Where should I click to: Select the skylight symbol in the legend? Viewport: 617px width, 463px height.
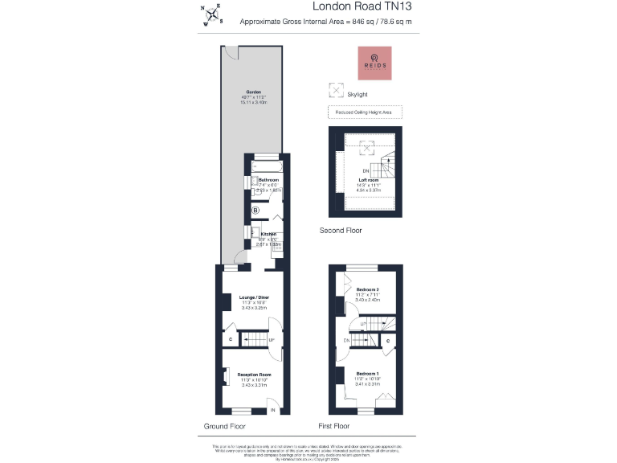coord(335,91)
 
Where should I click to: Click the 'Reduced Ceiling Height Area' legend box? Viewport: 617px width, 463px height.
coord(365,113)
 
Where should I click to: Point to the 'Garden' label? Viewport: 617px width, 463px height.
coord(254,92)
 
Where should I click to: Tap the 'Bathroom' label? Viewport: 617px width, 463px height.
coord(268,179)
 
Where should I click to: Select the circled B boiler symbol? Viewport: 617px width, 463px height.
coord(256,211)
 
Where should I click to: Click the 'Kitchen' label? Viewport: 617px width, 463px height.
coord(268,234)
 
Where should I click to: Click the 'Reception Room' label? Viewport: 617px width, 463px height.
coord(254,375)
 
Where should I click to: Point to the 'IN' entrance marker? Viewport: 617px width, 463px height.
coord(273,410)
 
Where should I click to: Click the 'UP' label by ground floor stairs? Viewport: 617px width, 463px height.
coord(271,340)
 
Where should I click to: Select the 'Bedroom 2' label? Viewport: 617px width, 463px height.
coord(367,289)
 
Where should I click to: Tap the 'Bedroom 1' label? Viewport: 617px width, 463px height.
coord(367,374)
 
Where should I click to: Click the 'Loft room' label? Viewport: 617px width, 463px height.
coord(368,180)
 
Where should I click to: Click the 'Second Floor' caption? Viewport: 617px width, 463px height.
coord(341,231)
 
